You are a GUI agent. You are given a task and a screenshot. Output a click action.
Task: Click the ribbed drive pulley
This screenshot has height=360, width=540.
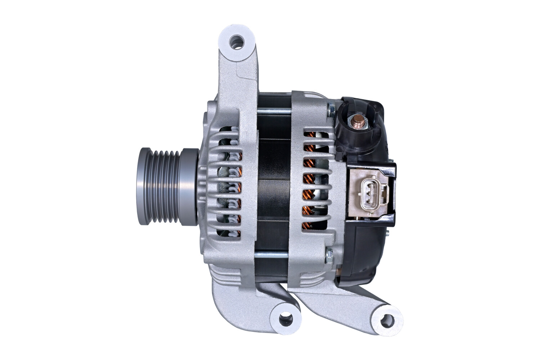point(166,186)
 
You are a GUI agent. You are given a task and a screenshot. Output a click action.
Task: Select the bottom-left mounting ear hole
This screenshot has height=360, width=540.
point(284,318)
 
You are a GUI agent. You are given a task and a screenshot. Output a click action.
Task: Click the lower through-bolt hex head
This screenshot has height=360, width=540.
point(329,256)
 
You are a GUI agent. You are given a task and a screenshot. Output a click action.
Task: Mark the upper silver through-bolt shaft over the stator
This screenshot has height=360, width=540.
point(274,111)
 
